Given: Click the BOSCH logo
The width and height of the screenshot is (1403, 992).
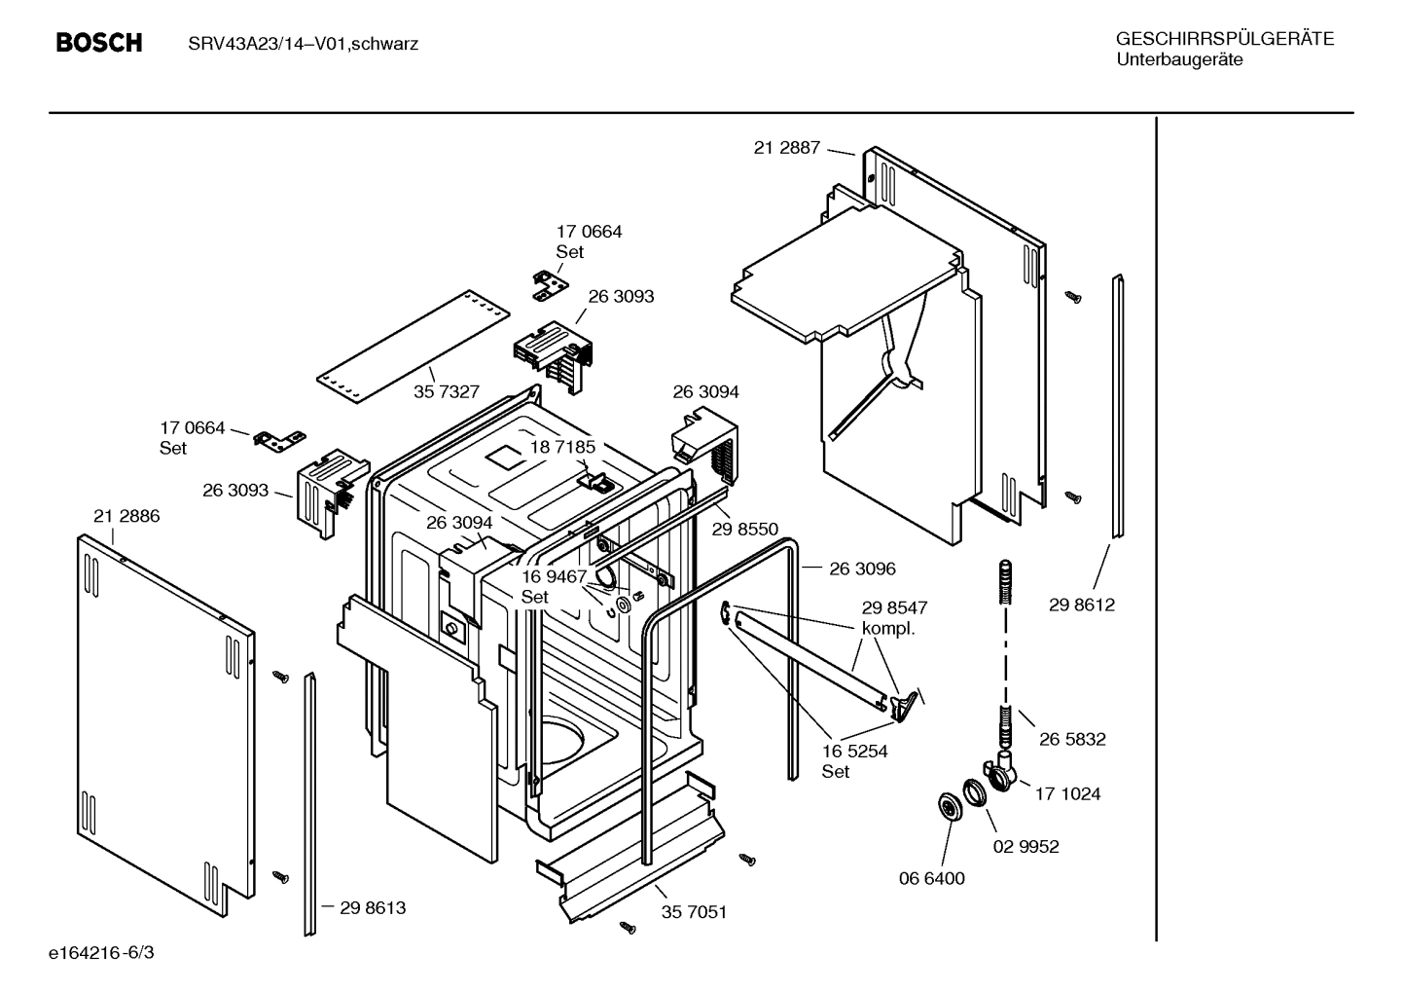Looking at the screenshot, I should [x=98, y=43].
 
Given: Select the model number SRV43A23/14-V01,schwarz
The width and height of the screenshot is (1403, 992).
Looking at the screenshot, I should [x=303, y=44].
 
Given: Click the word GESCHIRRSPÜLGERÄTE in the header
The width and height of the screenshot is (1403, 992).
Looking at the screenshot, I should [x=1224, y=39].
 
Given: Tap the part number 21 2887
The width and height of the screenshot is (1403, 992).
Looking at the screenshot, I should [x=786, y=148].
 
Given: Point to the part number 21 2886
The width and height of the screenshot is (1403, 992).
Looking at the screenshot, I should [x=126, y=516].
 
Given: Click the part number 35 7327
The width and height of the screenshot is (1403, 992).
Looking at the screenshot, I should [x=447, y=391].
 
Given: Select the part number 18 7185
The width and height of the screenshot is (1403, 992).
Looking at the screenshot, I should [x=562, y=447].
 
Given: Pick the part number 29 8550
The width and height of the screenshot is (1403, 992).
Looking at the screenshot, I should [x=744, y=529].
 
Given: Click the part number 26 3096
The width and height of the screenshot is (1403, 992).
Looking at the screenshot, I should [x=862, y=569].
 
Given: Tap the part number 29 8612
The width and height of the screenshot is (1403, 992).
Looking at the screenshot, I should [x=1081, y=605].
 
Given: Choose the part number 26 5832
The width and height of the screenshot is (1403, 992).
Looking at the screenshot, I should [x=1072, y=739].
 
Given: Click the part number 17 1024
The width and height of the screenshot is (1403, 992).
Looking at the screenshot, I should [x=1067, y=793].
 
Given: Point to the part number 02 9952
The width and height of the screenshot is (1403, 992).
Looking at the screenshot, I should [x=1025, y=846].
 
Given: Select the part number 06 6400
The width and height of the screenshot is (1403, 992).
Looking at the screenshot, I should [x=931, y=878].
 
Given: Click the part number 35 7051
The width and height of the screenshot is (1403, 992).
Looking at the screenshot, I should [x=694, y=912].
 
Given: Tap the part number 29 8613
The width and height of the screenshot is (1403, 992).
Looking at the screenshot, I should [x=373, y=907].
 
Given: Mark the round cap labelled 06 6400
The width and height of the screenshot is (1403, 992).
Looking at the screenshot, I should [x=945, y=805].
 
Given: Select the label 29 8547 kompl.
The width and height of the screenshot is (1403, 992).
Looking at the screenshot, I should [x=893, y=617].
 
